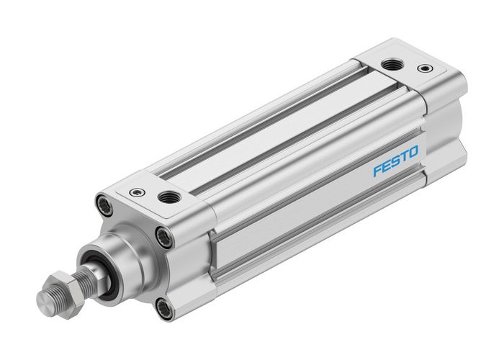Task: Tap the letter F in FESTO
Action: [x=377, y=174]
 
